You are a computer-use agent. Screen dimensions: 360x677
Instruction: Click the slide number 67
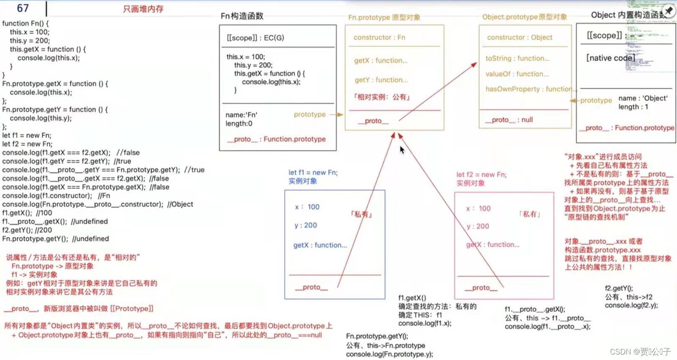tap(23, 8)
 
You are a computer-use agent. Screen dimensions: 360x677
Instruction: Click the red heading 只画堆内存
tap(143, 9)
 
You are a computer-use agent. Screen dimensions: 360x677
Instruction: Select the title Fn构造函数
tap(242, 16)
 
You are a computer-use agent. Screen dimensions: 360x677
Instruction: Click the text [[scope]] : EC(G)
tap(255, 38)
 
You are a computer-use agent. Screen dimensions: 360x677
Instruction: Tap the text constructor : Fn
tap(379, 37)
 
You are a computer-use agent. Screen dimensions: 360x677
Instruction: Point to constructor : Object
tap(520, 37)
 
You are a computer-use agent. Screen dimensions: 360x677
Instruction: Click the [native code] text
tap(610, 58)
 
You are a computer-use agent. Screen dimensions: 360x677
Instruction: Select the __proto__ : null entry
tap(509, 120)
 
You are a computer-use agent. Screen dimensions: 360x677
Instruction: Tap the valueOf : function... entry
tap(517, 74)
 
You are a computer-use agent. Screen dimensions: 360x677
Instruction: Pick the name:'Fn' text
tap(242, 115)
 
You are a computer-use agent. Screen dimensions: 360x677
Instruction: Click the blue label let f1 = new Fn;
tap(313, 172)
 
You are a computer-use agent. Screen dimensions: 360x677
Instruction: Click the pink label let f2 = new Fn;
tap(481, 175)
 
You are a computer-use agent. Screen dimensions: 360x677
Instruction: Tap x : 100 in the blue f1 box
tap(307, 207)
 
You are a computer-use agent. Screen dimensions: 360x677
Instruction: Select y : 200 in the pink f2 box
tap(478, 226)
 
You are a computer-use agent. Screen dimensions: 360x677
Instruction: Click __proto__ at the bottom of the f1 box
tap(311, 287)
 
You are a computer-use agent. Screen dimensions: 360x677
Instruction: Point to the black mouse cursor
tap(402, 149)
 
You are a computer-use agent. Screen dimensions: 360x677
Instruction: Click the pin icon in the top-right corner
tap(669, 11)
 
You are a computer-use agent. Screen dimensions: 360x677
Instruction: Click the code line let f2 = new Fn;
tap(28, 144)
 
